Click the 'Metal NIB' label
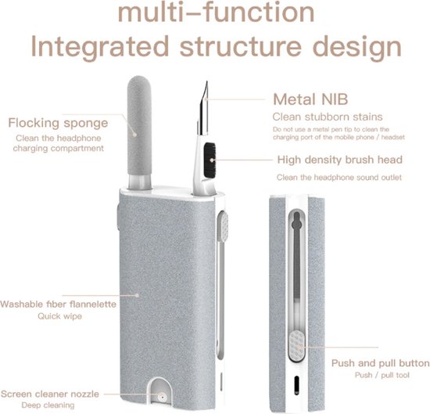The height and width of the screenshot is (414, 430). (310, 99)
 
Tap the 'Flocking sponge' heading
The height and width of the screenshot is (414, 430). (58, 123)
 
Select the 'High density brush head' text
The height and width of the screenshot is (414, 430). (340, 160)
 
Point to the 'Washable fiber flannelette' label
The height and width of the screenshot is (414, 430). (58, 304)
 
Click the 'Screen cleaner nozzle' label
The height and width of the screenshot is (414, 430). (50, 394)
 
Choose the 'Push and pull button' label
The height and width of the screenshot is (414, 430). (381, 363)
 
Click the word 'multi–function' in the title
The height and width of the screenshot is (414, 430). (216, 13)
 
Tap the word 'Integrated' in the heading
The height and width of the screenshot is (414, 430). (100, 46)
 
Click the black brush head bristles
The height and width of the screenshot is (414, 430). (210, 160)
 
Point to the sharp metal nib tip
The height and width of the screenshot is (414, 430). (206, 81)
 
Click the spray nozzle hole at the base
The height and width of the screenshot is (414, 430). (162, 397)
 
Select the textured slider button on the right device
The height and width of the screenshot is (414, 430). (296, 345)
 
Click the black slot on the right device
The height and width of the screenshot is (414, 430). (296, 386)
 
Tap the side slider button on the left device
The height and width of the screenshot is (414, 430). (223, 226)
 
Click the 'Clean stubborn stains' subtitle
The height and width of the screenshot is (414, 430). (328, 117)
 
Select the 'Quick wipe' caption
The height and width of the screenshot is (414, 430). (59, 316)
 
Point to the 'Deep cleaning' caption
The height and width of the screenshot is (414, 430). (48, 405)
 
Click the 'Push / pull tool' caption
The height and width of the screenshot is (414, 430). (382, 375)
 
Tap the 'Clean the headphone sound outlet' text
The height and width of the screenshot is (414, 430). (339, 178)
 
